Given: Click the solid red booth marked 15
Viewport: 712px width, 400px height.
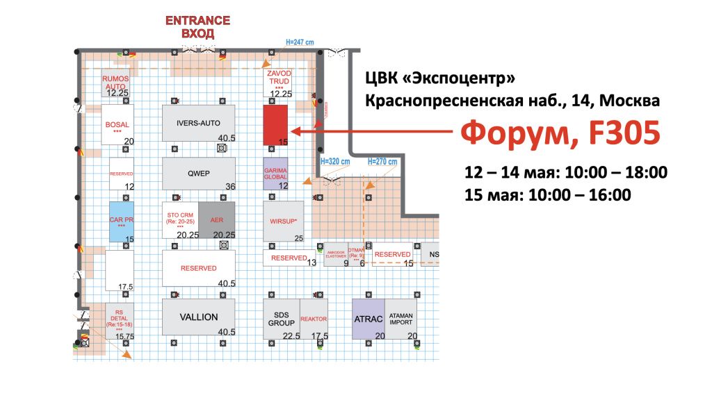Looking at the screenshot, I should [x=275, y=125].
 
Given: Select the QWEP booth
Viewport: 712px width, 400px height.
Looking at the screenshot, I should [x=198, y=174].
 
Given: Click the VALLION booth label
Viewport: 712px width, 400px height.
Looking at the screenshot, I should [x=199, y=317].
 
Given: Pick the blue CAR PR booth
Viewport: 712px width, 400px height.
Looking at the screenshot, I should [x=121, y=221].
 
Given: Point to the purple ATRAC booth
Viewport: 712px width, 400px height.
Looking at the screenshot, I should [x=367, y=320].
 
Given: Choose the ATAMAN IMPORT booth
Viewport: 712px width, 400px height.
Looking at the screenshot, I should [x=401, y=320].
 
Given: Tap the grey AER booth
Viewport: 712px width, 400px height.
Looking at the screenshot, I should [x=216, y=219].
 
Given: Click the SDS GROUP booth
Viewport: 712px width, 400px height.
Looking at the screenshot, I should [x=281, y=319].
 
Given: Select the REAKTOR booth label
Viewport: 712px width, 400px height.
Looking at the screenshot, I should [x=314, y=319].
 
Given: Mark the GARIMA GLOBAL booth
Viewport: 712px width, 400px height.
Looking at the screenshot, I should [x=275, y=173].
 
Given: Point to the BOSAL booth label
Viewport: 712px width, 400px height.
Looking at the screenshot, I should [x=117, y=125].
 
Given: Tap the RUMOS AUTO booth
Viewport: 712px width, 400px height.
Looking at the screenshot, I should [x=115, y=83].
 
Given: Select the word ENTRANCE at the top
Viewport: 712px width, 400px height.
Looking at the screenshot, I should [x=197, y=21].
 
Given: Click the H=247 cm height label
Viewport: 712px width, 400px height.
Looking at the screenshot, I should [x=300, y=42].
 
